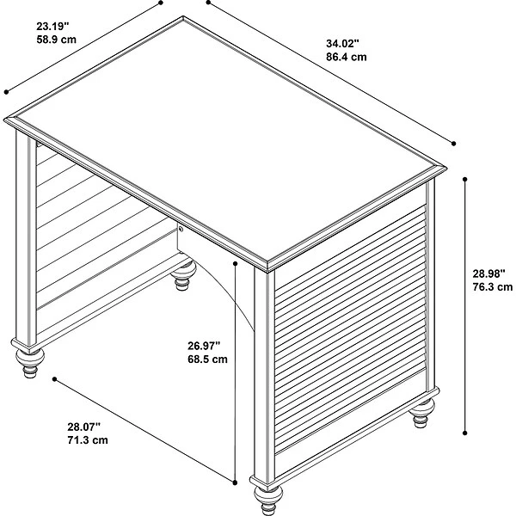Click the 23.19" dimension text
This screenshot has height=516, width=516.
52,26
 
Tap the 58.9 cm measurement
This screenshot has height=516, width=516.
56,40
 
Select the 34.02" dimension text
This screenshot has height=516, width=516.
342,44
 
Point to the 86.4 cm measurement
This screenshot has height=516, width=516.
347,57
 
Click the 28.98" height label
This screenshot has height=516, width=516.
489,273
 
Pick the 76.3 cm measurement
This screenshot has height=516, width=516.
493,286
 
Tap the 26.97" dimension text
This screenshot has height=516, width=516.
204,346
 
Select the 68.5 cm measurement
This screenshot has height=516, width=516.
207,359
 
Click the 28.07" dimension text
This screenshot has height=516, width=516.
84,427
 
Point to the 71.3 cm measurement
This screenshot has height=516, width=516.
88,440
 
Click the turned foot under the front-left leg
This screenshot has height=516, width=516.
30,363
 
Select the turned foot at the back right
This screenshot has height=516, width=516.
421,413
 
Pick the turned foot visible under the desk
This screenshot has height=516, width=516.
184,276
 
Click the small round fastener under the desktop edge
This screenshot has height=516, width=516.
181,228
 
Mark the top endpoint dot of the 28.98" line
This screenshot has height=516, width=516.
464,180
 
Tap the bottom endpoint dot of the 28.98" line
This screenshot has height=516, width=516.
464,433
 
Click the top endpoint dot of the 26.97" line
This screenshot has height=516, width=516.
235,264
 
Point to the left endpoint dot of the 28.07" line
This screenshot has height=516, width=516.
55,379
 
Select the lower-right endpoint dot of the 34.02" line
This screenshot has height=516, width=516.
453,144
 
